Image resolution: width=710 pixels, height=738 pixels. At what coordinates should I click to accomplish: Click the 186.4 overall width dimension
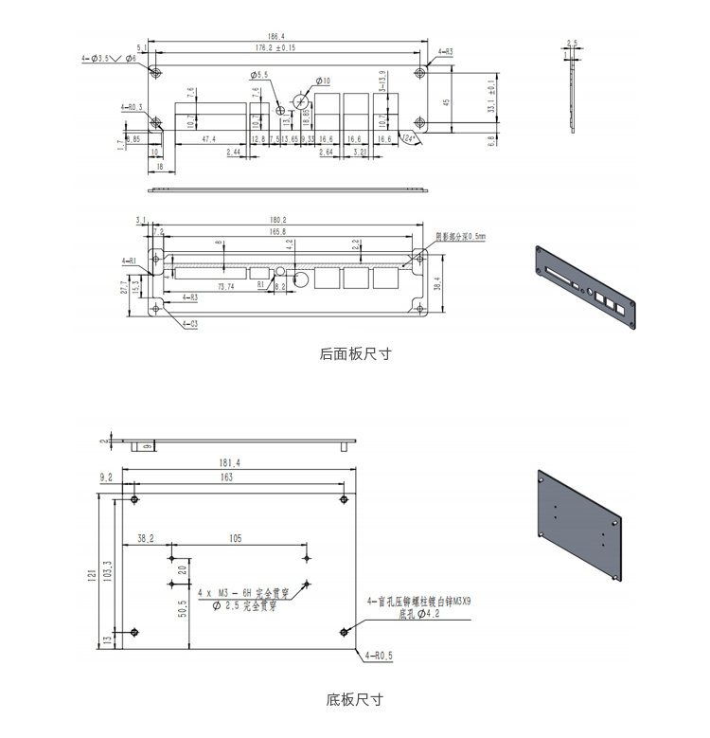pos(275,36)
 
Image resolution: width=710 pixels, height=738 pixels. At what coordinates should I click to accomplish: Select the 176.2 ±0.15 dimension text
pos(275,47)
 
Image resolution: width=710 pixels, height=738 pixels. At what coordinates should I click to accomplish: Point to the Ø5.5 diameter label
pos(259,74)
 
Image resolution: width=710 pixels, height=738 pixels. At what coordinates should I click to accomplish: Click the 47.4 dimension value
pos(208,138)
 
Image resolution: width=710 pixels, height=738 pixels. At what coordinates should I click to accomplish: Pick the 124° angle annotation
pos(409,138)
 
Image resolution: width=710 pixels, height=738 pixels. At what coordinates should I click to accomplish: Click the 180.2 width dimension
pos(277,220)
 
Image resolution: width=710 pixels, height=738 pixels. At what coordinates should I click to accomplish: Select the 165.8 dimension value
pos(277,231)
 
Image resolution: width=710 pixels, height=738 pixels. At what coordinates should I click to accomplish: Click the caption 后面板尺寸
pos(355,354)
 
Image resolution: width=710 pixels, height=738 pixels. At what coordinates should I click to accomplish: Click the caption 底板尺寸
pos(355,700)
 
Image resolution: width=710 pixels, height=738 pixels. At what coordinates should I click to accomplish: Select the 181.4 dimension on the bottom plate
pos(228,463)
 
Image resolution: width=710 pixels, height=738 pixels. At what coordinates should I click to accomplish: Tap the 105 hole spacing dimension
pos(236,539)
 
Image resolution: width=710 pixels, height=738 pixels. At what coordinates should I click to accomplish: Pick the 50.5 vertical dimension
pos(182,607)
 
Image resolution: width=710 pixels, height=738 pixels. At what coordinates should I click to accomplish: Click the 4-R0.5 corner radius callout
pos(378,655)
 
